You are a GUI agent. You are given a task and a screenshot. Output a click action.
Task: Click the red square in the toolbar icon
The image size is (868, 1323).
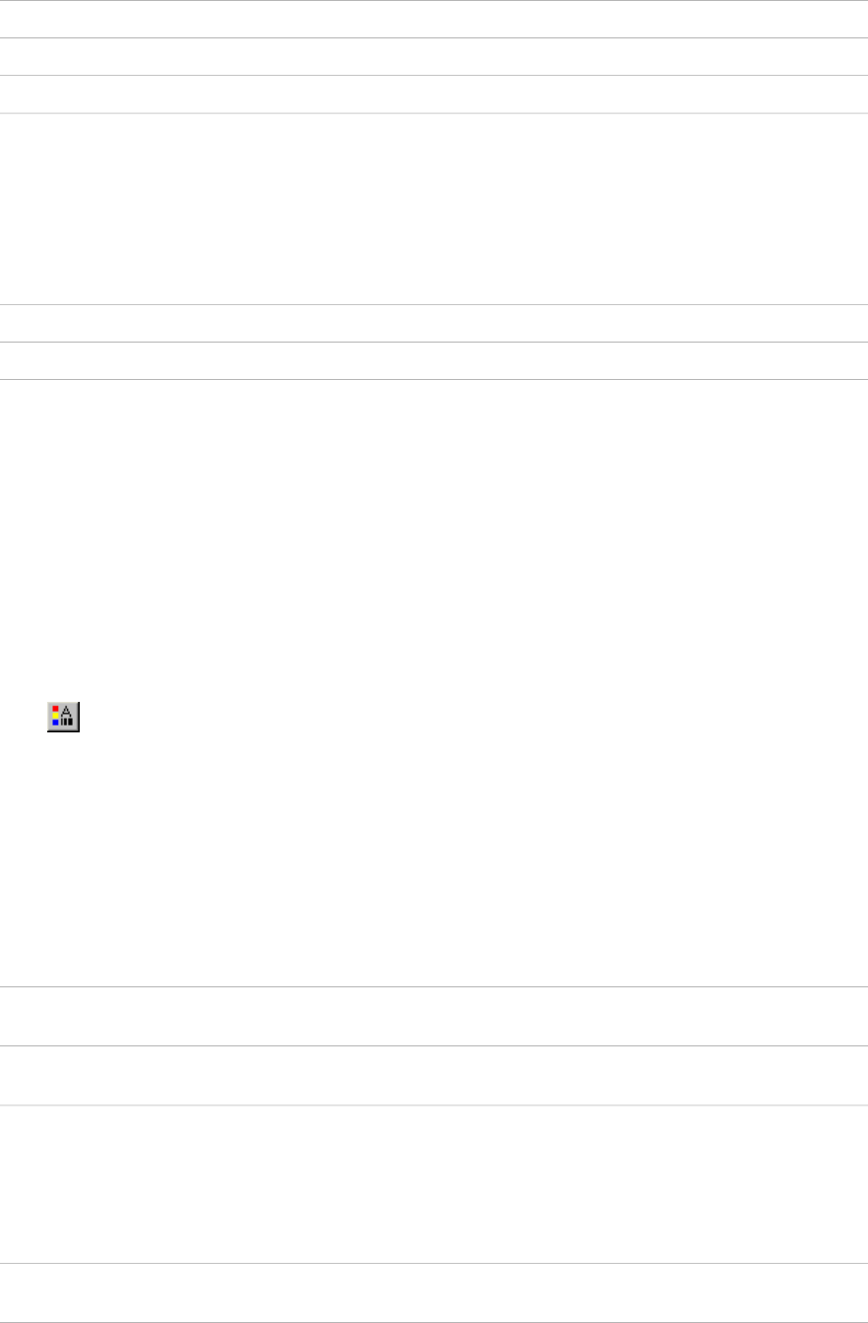tap(55, 708)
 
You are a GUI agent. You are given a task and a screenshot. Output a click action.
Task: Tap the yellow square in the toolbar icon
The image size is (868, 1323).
tap(55, 715)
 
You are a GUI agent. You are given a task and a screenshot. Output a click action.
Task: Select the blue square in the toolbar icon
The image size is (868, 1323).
tap(55, 722)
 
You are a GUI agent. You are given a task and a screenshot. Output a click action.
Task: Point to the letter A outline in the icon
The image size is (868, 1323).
tap(67, 711)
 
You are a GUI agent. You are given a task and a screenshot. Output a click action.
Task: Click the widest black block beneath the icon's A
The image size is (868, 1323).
tap(71, 722)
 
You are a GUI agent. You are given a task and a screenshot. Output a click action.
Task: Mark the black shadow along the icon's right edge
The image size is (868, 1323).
tap(79, 716)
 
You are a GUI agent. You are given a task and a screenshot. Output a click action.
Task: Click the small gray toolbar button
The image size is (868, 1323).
tap(63, 716)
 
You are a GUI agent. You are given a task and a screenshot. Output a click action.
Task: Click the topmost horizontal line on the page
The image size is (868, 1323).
tap(434, 1)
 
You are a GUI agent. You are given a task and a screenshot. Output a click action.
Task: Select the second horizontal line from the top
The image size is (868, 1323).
tap(434, 38)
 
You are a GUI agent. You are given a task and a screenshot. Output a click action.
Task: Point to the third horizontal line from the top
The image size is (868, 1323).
tap(434, 76)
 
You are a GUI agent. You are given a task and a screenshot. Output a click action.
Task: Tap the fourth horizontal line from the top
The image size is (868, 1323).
tap(434, 113)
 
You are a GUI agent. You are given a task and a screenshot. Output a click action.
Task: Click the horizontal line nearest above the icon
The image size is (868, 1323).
tap(434, 380)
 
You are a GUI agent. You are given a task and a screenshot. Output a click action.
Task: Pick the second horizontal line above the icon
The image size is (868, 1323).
tap(434, 343)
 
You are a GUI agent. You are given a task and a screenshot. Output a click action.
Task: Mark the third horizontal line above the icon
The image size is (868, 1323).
tap(434, 304)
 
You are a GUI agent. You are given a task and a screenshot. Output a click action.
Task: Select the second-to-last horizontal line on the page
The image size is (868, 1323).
tap(434, 1264)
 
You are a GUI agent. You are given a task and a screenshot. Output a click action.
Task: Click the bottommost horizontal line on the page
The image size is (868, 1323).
tap(434, 1322)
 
